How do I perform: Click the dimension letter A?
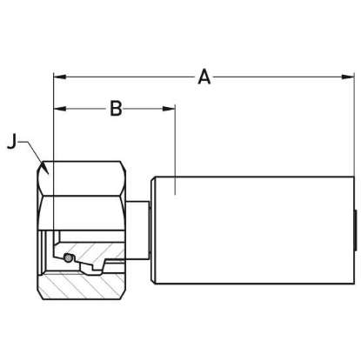coord(204,77)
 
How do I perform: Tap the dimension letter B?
coord(115,109)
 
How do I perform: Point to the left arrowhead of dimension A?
coord(59,77)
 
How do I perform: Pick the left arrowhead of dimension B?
coord(59,109)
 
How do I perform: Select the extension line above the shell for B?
coord(175,139)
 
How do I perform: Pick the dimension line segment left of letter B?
coord(83,109)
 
